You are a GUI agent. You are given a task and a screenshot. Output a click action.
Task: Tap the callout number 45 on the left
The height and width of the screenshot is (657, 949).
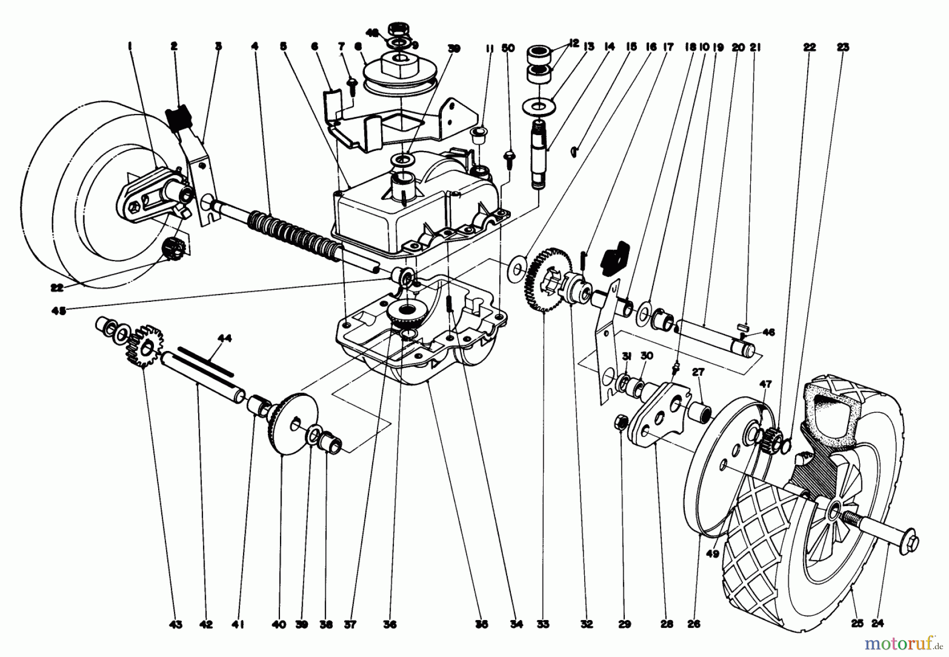(59, 311)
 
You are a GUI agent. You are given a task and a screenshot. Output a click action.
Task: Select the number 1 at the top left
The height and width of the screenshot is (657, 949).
(129, 47)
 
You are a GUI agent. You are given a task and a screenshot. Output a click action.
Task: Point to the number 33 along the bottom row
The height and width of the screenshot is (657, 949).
(544, 625)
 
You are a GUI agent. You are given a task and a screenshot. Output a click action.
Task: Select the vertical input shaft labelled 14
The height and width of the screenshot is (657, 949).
(539, 158)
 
